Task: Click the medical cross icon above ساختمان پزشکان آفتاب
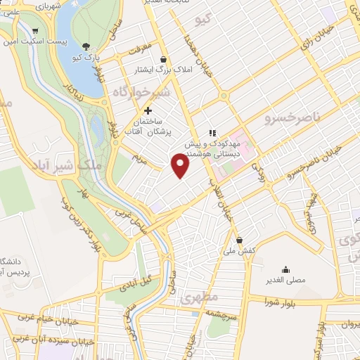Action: tap(148, 110)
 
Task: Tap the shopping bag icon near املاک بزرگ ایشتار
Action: tap(164, 59)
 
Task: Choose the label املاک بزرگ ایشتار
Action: tap(164, 70)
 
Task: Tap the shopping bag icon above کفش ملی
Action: tap(239, 240)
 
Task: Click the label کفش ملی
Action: tap(239, 251)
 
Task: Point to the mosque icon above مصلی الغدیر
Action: tap(285, 269)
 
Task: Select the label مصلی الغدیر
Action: tap(285, 281)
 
